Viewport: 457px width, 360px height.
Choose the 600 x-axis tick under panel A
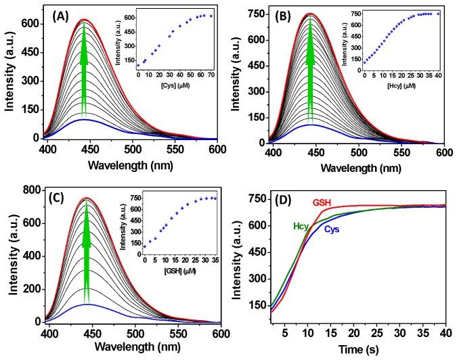[220, 148]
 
